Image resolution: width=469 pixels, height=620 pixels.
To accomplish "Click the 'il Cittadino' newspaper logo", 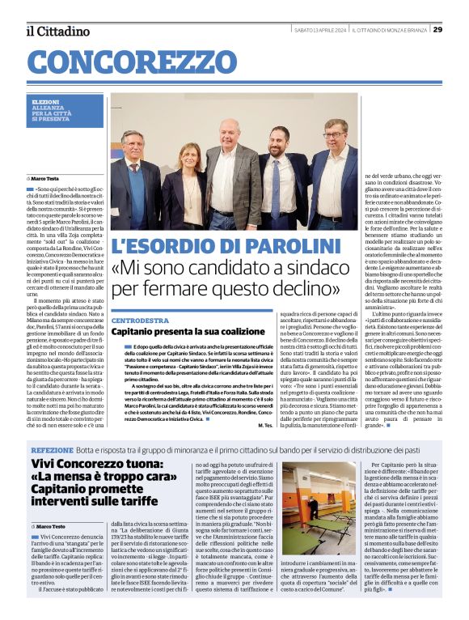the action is click(57, 31).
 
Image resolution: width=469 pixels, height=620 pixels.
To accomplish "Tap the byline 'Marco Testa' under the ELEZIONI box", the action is click(46, 178).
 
